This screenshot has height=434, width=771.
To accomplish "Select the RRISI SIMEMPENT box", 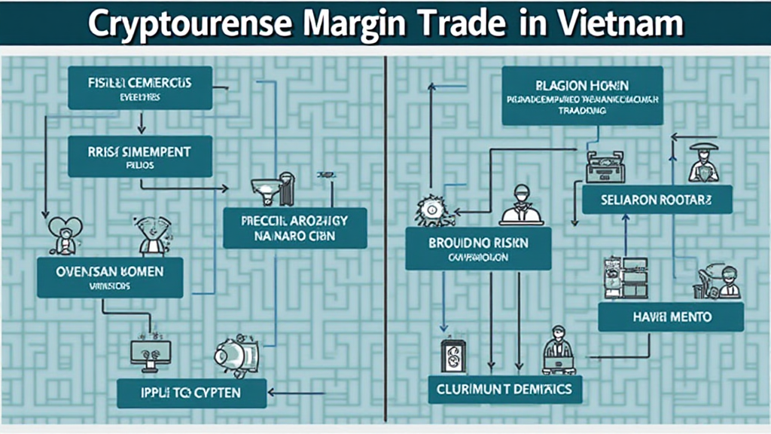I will point(129,156).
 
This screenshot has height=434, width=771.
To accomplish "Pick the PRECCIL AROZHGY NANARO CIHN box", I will point(294,228).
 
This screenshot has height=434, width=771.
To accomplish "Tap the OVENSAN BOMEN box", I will point(110,277).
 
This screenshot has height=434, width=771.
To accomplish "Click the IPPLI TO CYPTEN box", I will point(192,393).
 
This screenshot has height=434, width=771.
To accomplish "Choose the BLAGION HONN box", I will point(582,96).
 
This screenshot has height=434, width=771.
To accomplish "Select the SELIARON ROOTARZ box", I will point(657,200).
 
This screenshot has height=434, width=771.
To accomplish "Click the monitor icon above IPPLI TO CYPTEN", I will point(151,353).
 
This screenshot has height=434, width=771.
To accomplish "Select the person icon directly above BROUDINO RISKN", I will point(521,205).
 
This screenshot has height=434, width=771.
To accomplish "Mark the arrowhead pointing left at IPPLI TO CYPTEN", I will point(272,392).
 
